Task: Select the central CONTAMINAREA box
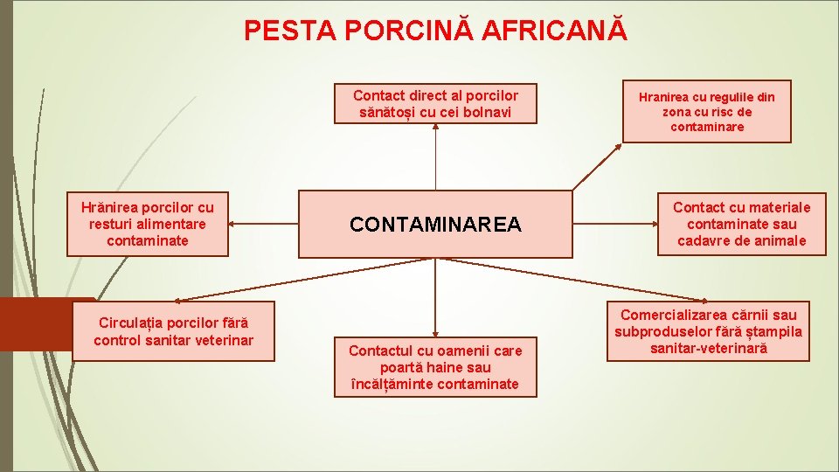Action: pos(435,225)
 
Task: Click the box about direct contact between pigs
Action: pos(435,104)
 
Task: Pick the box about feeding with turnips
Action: pos(706,112)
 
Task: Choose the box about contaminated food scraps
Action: pos(148,224)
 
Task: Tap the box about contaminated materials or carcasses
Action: pos(741,224)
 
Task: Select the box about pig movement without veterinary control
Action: pos(173,331)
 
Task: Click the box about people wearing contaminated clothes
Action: pos(435,367)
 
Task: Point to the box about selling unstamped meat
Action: pos(708,331)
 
